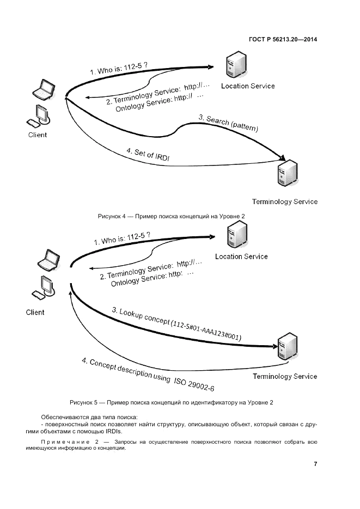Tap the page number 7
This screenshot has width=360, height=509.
315,464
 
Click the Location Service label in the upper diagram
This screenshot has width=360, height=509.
248,86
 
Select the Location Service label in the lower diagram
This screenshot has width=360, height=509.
241,256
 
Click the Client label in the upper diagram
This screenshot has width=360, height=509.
38,135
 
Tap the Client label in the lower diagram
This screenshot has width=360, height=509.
35,312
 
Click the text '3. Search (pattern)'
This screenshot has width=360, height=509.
228,124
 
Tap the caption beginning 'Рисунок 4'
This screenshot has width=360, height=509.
172,216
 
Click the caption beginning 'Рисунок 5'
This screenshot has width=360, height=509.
172,402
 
